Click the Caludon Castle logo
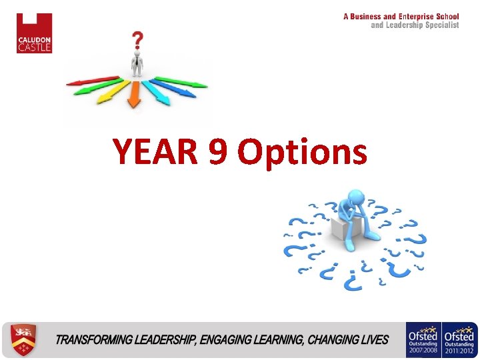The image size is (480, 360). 34,33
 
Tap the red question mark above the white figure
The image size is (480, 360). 137,42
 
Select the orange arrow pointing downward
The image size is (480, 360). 134,95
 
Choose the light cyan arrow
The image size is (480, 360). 157,94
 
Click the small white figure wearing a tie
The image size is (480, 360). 136,65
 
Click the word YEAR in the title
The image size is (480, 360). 155,152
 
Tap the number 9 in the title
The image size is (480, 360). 218,152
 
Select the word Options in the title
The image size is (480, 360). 303,153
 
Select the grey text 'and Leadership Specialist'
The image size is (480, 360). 415,25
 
